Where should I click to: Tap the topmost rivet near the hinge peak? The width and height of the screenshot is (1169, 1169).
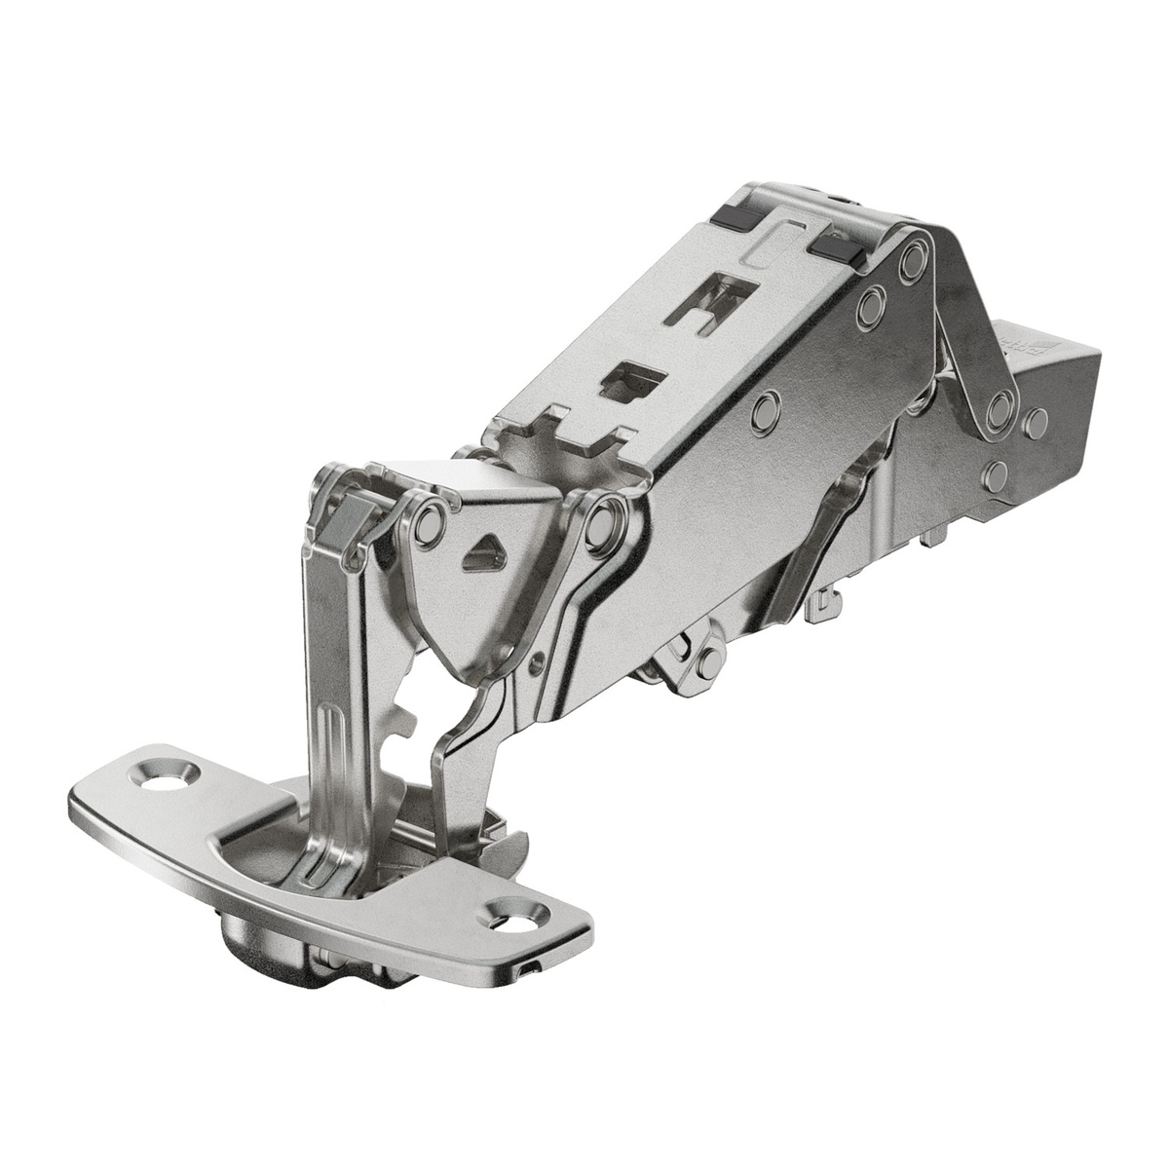point(912,260)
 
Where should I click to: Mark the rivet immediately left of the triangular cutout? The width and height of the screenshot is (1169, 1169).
point(427,523)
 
